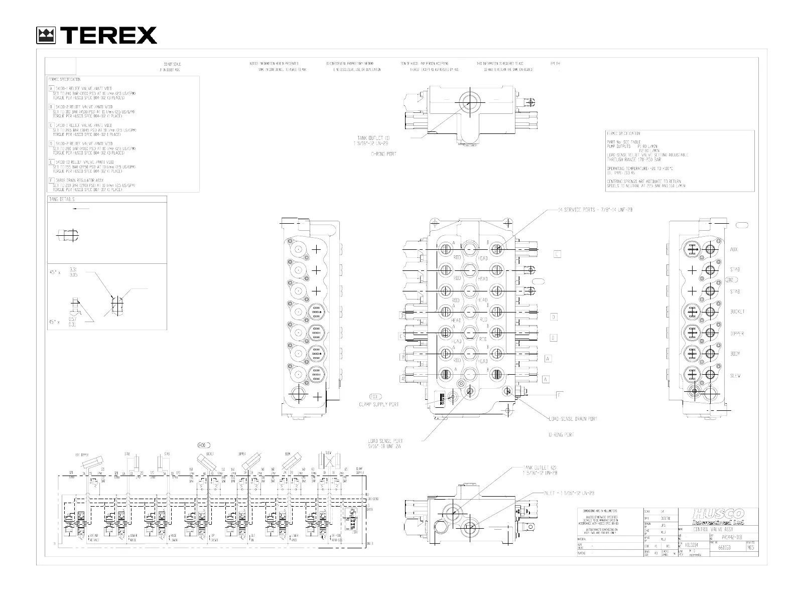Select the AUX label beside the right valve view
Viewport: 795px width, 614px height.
(x=734, y=249)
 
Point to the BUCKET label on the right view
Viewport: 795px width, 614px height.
(x=737, y=312)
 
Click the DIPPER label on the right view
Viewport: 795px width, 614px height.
(x=737, y=334)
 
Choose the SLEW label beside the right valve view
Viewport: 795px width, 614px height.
(x=735, y=376)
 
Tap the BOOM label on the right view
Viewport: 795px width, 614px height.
(x=735, y=354)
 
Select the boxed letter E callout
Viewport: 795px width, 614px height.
(x=557, y=254)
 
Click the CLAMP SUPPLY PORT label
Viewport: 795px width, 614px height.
(x=378, y=404)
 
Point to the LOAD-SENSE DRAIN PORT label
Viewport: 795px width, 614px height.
(x=572, y=419)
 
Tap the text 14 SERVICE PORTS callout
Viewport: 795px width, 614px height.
(x=595, y=210)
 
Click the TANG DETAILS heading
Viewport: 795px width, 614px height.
(x=61, y=199)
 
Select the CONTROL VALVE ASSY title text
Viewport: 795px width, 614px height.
(x=713, y=530)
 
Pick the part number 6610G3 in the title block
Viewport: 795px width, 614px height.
(x=724, y=548)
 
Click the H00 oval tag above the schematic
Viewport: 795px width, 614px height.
(x=203, y=445)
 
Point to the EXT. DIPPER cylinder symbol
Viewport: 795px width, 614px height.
(x=90, y=463)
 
